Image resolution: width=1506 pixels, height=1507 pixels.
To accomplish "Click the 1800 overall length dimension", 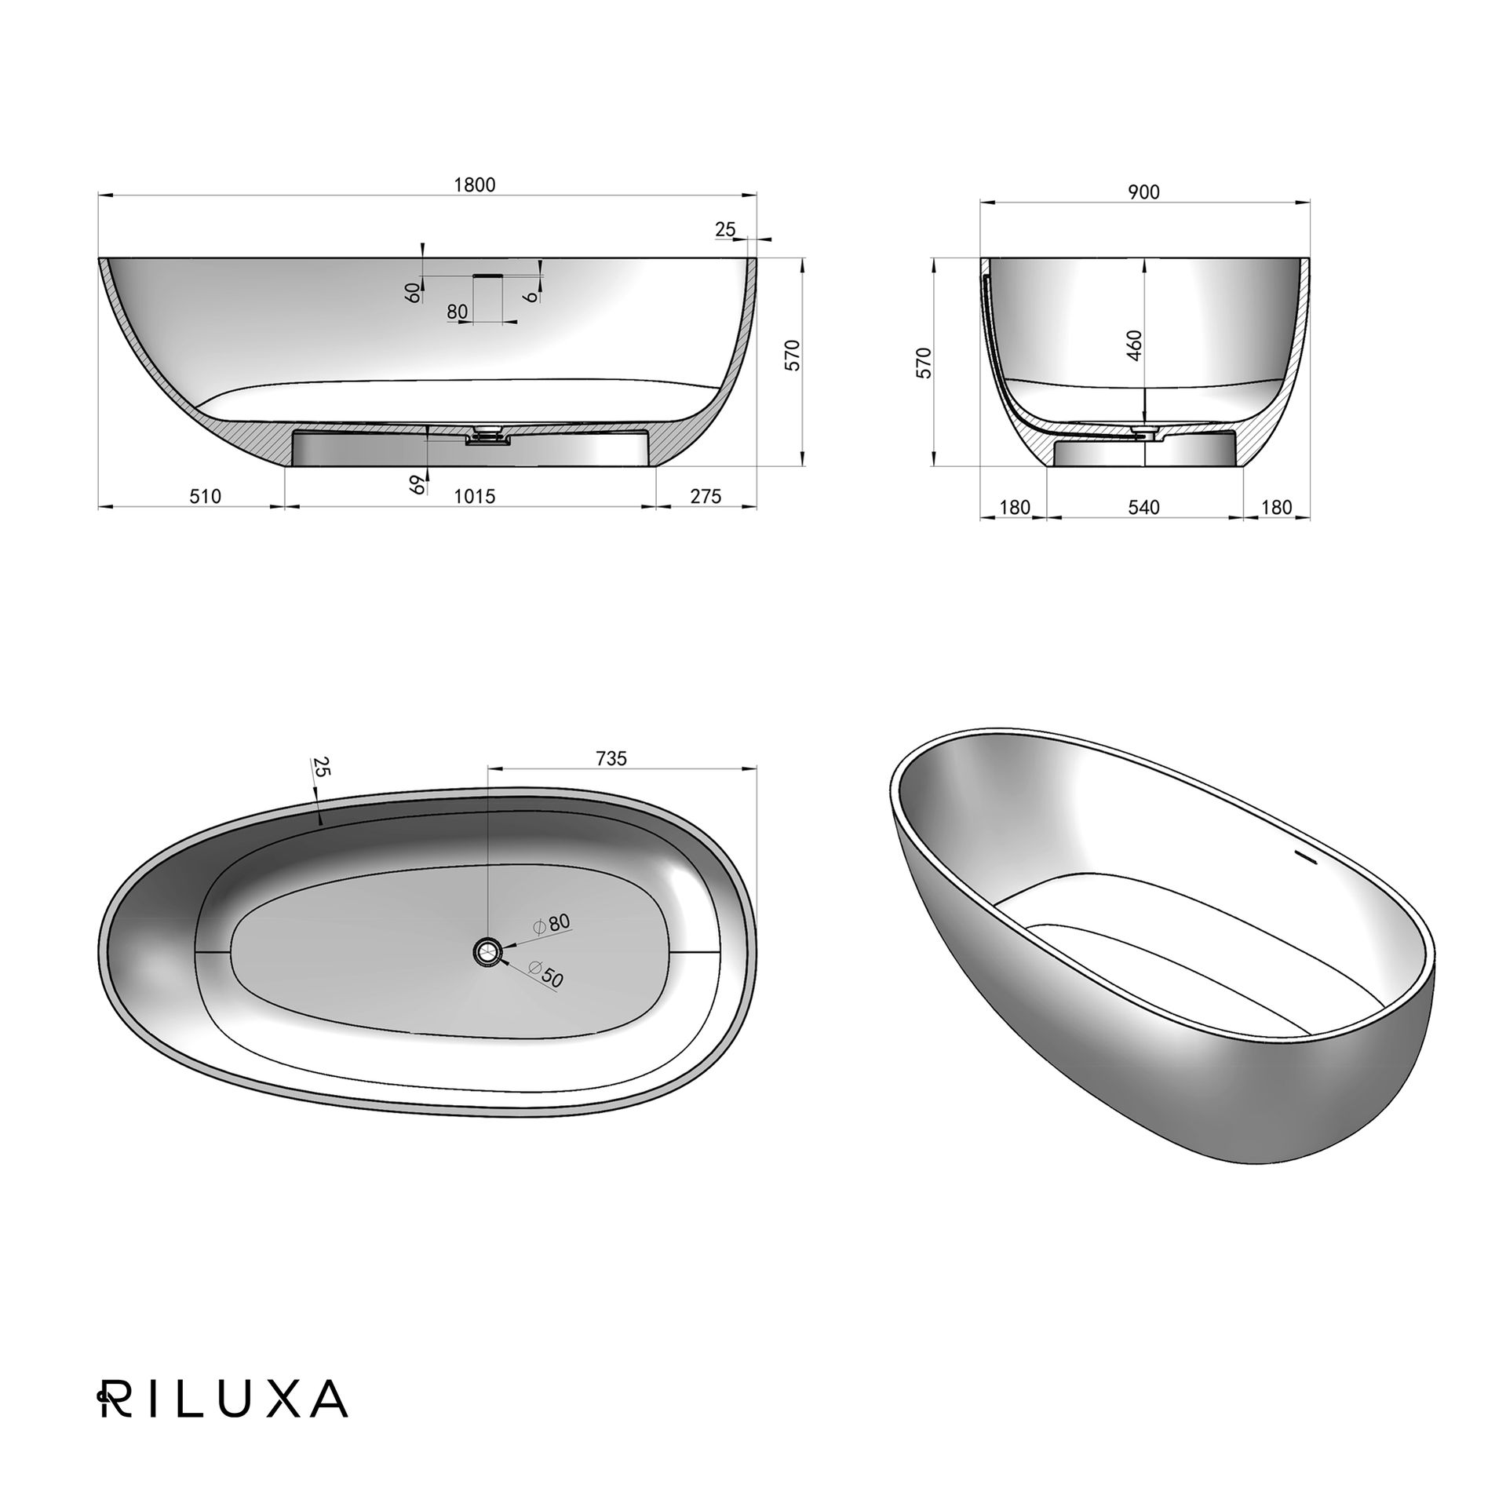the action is (475, 184).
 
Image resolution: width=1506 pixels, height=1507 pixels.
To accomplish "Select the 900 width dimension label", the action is (1144, 192).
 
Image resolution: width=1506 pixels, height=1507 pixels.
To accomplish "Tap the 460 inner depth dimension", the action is (1135, 345).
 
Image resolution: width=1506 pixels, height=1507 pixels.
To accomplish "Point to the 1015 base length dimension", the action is (475, 496).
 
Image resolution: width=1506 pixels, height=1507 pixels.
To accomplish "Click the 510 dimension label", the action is (206, 496).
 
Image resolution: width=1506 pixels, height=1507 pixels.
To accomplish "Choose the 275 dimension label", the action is (706, 496).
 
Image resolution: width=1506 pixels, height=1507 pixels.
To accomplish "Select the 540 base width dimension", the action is (1144, 508).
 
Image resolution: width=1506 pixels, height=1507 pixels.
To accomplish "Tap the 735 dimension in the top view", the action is (611, 758).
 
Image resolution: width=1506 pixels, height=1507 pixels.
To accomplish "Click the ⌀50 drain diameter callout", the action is (547, 974).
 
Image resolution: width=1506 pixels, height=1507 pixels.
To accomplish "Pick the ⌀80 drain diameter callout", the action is (552, 924).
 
